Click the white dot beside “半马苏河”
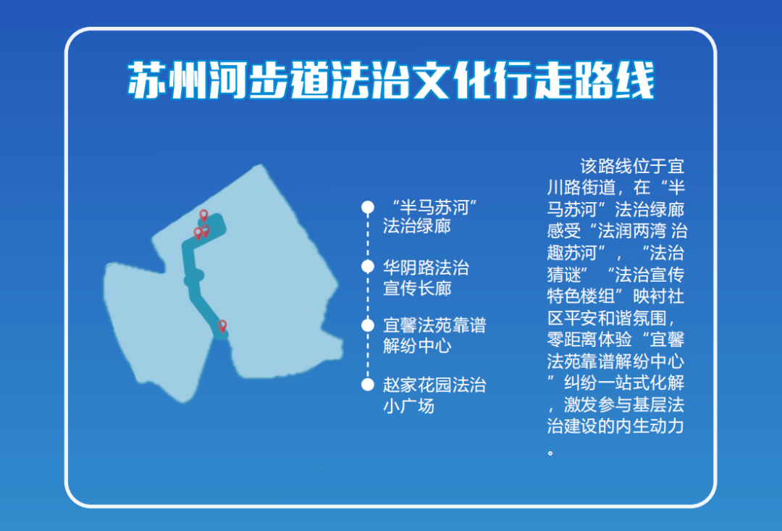pos(368,208)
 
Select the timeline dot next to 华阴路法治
pos(368,267)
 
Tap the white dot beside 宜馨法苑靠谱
pos(368,325)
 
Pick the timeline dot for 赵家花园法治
pos(368,384)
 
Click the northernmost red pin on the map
pos(204,215)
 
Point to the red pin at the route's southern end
pos(222,326)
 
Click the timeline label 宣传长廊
pos(417,288)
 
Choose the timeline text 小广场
pos(408,406)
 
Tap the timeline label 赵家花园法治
pos(434,385)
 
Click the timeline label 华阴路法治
pos(426,268)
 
